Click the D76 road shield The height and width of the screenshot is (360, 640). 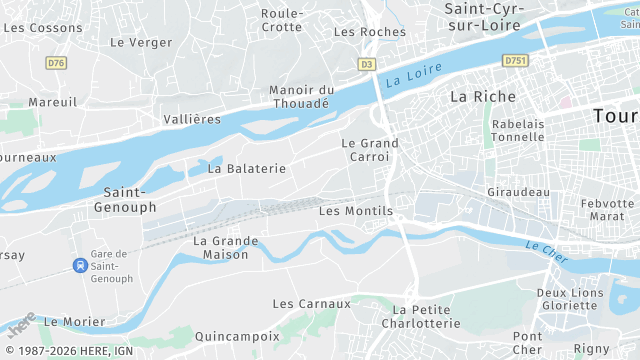point(56,62)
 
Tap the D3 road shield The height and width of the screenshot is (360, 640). point(367,63)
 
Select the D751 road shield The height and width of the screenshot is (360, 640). point(515,61)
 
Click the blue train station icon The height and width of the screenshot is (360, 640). point(79,266)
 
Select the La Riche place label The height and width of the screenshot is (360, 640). point(482,97)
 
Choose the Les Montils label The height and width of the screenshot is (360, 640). point(355,211)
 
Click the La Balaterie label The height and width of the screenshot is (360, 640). point(246,169)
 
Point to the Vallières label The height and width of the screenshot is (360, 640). point(191,119)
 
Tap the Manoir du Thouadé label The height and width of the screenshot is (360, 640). point(301,96)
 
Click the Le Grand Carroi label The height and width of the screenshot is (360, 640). point(370,150)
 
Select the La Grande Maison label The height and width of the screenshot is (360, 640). point(226,247)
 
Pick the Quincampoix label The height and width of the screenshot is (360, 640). point(238,336)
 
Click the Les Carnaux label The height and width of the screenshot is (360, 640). point(312,303)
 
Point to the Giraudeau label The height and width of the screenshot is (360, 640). point(518,191)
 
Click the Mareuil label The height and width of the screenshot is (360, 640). point(53,102)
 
